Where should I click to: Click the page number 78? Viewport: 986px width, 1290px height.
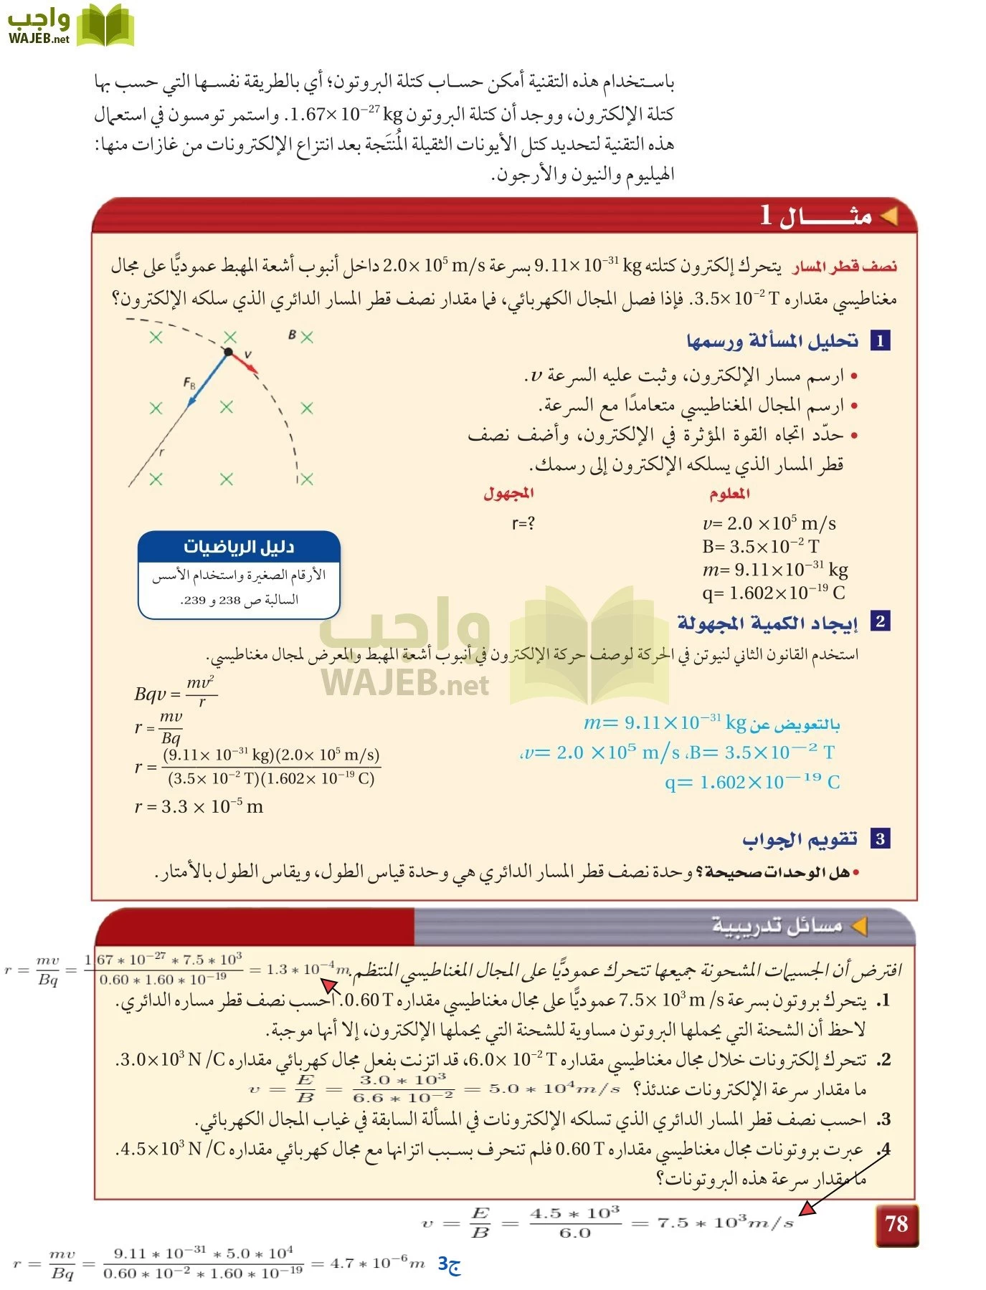click(896, 1224)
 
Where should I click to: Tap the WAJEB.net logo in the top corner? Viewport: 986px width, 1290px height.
click(70, 26)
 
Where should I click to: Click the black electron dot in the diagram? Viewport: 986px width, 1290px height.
click(228, 352)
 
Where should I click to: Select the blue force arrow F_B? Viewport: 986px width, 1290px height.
click(208, 380)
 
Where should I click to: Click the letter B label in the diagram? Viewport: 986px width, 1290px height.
click(292, 335)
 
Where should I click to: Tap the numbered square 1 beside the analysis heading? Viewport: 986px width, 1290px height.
click(880, 340)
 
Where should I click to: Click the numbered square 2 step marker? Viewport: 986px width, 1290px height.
click(880, 621)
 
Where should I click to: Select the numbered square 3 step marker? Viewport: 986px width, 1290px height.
click(880, 838)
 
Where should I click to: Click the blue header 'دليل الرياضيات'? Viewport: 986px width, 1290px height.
click(239, 547)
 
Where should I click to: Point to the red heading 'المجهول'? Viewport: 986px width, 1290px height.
click(508, 493)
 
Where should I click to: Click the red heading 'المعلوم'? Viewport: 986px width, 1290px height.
click(729, 493)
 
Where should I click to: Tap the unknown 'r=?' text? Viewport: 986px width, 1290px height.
click(523, 524)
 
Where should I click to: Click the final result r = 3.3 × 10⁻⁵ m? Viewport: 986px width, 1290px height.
click(199, 807)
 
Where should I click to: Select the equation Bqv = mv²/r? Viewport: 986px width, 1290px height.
click(175, 692)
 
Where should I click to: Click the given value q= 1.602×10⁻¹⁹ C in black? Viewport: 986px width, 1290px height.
click(774, 593)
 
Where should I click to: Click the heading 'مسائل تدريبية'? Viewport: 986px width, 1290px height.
click(777, 925)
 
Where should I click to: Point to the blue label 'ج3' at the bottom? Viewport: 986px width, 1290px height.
click(449, 1264)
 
